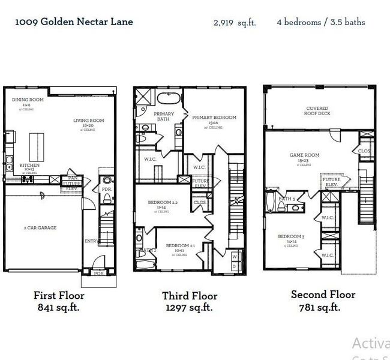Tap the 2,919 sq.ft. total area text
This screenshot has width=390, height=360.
click(x=235, y=23)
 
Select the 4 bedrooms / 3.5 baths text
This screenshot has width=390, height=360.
click(x=320, y=22)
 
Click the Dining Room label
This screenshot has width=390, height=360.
click(x=28, y=99)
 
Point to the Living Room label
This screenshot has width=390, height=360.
click(x=89, y=121)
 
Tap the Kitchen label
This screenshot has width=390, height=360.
click(x=29, y=165)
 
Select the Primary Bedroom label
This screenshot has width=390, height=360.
click(x=214, y=118)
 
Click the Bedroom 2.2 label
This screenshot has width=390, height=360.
click(x=163, y=203)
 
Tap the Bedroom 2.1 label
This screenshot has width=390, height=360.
click(x=181, y=246)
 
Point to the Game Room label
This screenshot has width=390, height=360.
click(x=304, y=155)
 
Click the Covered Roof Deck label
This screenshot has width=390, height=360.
click(x=317, y=111)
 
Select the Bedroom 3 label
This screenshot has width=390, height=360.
click(x=291, y=236)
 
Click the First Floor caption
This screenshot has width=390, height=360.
click(x=58, y=295)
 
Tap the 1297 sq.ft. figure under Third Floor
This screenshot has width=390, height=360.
click(x=189, y=308)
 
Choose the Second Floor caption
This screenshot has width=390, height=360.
click(x=323, y=295)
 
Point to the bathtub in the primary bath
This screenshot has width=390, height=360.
click(x=169, y=98)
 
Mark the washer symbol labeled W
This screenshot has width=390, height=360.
click(x=234, y=256)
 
